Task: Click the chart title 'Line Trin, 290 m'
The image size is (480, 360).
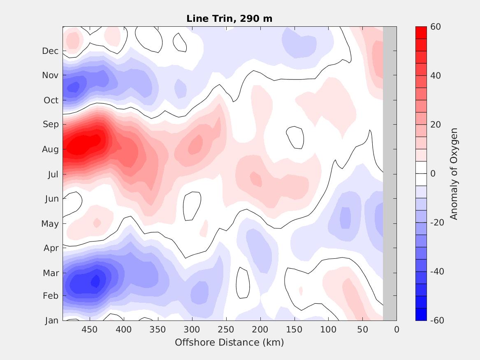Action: [x=229, y=19]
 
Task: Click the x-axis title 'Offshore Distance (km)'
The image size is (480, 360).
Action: [x=229, y=342]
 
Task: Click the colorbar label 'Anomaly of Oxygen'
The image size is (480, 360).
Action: [x=454, y=174]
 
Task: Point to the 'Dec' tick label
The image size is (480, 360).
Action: [x=50, y=51]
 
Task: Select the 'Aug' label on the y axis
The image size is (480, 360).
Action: [x=51, y=149]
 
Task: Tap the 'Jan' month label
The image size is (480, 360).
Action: [x=51, y=321]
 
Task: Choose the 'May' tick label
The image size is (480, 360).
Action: [x=50, y=224]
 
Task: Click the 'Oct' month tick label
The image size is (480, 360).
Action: [x=51, y=100]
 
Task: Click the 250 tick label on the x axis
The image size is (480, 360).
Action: [x=226, y=330]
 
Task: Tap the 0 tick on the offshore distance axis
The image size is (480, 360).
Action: [x=397, y=330]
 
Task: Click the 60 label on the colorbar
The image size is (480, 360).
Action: [x=436, y=27]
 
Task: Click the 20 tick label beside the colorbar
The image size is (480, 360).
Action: [x=436, y=125]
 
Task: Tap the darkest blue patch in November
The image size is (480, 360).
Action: [x=74, y=87]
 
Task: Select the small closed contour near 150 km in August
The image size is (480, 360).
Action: [x=295, y=137]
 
